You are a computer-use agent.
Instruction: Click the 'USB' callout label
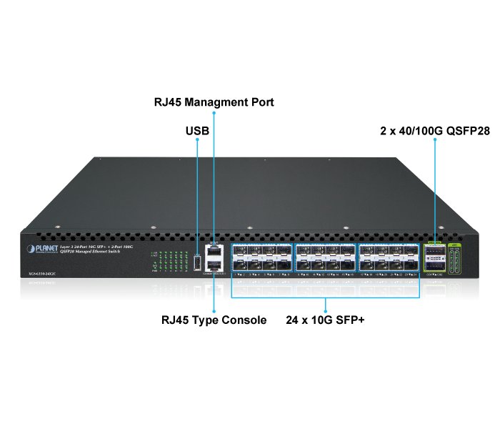click(198, 131)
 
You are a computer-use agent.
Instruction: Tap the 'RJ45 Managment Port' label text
click(214, 103)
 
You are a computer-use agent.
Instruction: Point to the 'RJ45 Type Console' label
click(214, 320)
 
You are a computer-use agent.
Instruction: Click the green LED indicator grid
click(169, 262)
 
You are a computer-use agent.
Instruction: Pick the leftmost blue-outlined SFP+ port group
click(260, 260)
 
